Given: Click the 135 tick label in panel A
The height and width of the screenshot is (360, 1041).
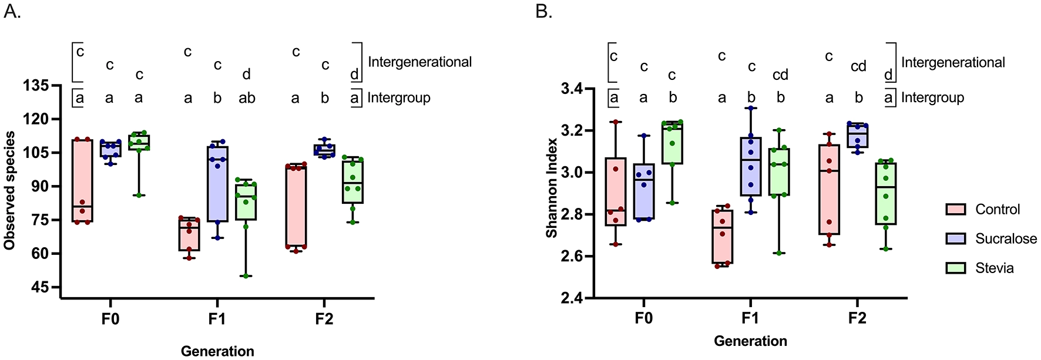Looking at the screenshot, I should [x=36, y=86].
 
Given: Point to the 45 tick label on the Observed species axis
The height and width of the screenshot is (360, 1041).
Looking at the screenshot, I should [x=39, y=288].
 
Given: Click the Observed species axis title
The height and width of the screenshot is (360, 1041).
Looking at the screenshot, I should [x=9, y=190].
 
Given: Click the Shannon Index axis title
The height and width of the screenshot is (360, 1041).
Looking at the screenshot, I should [x=552, y=188].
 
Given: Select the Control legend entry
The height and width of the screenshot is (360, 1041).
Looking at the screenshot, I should [x=997, y=210].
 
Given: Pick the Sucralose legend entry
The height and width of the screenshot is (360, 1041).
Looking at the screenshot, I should [x=1006, y=239].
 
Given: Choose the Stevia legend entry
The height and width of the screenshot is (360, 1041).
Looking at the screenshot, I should [x=994, y=268].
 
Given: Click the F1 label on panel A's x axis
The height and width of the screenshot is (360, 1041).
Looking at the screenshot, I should [x=216, y=319].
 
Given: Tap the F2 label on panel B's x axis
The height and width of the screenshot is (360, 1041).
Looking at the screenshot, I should [x=857, y=318].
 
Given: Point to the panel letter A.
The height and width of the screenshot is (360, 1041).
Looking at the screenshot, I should [x=12, y=11].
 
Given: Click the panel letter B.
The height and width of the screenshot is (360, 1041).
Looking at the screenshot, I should [x=544, y=11].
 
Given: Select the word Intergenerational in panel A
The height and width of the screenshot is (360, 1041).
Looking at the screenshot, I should [x=419, y=62].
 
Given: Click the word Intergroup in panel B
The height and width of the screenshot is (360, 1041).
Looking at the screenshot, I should [x=932, y=98].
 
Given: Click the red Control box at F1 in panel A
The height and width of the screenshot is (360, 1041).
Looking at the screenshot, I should [x=189, y=234].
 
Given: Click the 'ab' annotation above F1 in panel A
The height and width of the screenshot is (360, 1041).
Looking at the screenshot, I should [x=247, y=99].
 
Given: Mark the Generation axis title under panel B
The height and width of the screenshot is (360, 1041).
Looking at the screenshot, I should [x=750, y=341].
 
